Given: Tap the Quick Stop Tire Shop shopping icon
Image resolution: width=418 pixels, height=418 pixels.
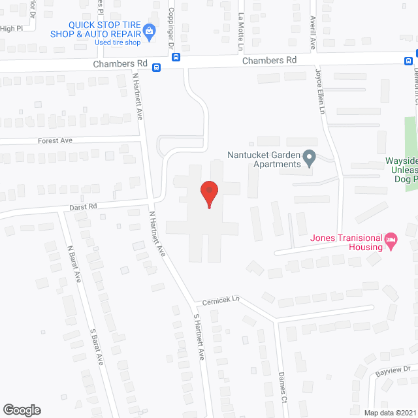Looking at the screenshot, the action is pos(150,29).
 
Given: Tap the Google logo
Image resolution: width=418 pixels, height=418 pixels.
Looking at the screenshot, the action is pos(22,410).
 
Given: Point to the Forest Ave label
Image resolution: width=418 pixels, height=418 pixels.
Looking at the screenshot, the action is pos(55,140).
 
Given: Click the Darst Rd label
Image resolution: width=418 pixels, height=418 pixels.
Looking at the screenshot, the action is pos(83,206).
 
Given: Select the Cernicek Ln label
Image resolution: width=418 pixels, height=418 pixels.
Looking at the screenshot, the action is pos(222,300).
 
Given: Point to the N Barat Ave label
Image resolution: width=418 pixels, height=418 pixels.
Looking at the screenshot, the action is pos(74,263).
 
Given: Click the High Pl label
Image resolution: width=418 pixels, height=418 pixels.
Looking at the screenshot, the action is pos(11,29).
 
